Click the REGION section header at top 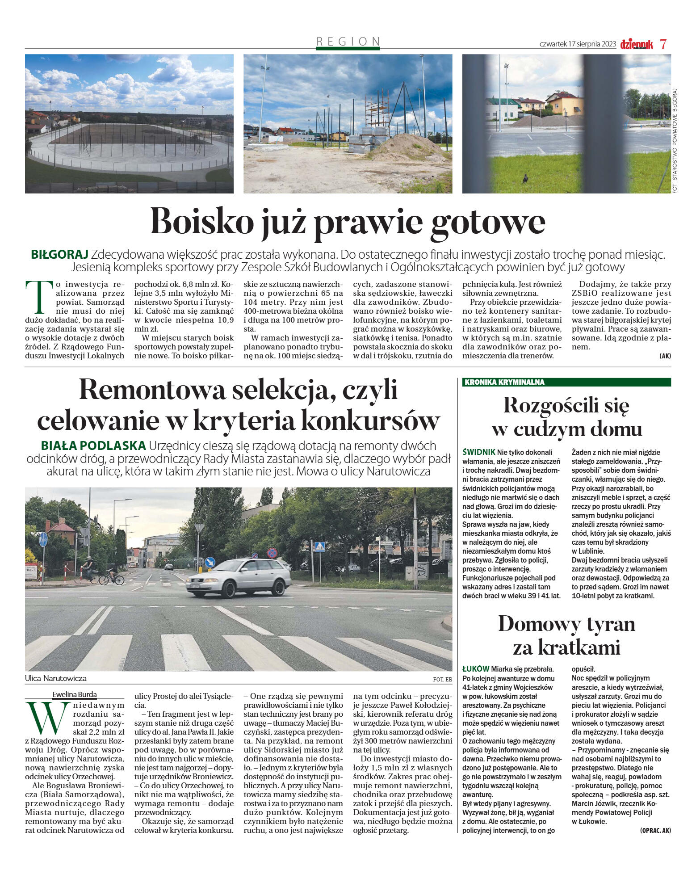(348, 42)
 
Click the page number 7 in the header (663, 44)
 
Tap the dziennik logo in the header (637, 44)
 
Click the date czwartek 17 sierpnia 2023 (578, 44)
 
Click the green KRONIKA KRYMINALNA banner (566, 382)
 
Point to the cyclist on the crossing (88, 569)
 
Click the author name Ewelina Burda (74, 694)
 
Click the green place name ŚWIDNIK (479, 452)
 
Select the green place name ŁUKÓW (476, 669)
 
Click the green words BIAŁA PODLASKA (93, 446)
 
